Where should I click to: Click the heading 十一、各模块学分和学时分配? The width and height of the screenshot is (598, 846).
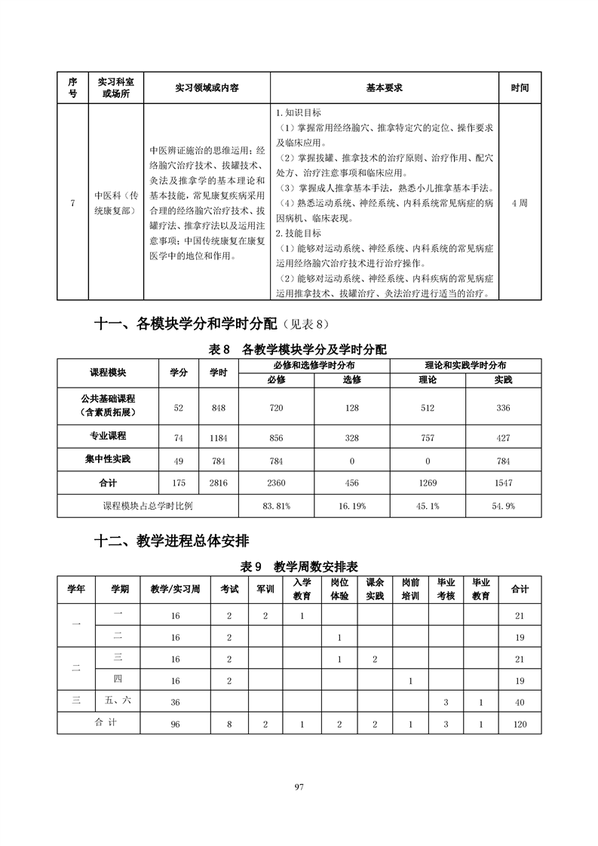click(x=183, y=324)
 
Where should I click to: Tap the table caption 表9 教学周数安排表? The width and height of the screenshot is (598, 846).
click(x=299, y=566)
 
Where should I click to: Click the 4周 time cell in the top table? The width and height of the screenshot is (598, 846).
click(x=519, y=203)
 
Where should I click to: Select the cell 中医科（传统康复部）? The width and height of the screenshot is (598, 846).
click(x=115, y=203)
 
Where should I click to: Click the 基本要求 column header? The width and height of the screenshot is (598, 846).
click(x=384, y=87)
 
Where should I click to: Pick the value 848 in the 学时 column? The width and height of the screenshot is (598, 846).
click(x=219, y=408)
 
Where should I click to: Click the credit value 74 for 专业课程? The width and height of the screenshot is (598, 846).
click(x=179, y=438)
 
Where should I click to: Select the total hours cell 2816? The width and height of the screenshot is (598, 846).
click(x=219, y=483)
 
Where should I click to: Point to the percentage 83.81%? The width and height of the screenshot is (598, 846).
click(x=277, y=506)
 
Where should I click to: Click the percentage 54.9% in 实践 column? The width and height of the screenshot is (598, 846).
click(x=503, y=506)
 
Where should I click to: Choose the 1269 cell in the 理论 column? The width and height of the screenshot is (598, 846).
click(x=428, y=483)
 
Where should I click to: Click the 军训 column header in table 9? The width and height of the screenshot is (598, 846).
click(x=265, y=589)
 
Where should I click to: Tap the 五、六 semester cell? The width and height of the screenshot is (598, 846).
click(x=117, y=700)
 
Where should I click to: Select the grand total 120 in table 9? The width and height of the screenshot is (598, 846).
click(x=520, y=724)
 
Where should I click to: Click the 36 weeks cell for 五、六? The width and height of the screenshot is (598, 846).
click(x=175, y=701)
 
